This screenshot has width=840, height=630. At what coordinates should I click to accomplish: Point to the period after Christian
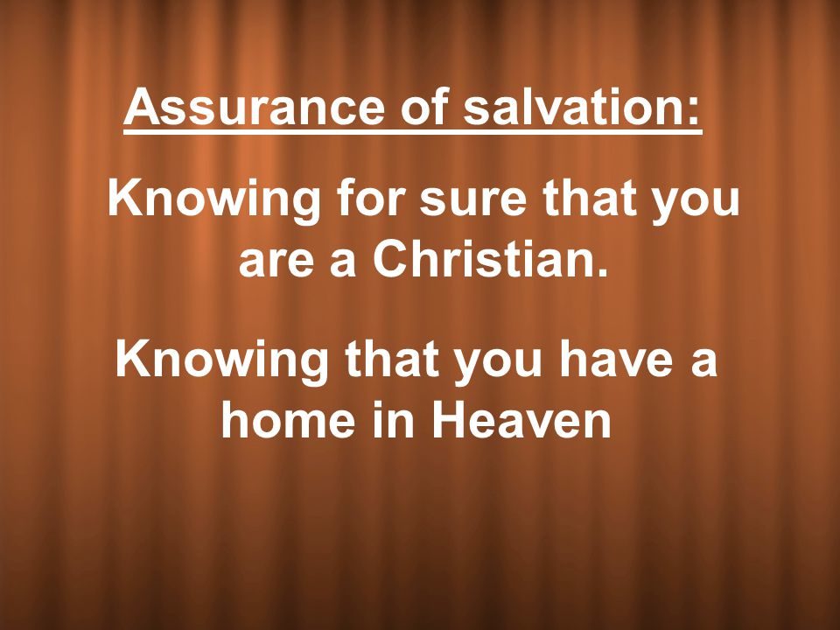click(603, 271)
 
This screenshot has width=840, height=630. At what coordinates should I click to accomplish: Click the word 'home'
click(288, 418)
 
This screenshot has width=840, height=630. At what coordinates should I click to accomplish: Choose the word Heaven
click(521, 418)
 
